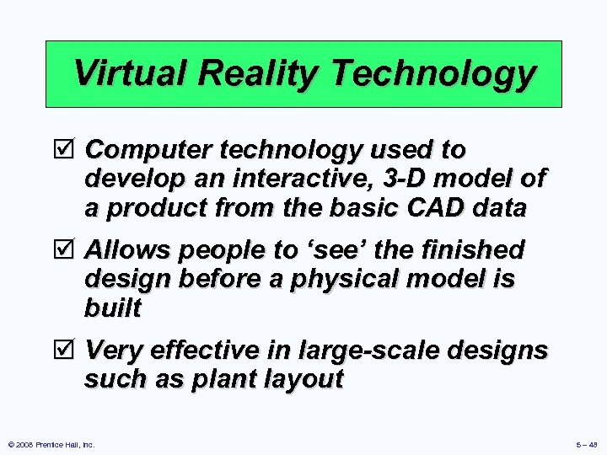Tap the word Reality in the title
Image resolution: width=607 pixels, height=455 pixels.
tap(256, 73)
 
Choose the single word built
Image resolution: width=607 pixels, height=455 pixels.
tap(112, 308)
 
